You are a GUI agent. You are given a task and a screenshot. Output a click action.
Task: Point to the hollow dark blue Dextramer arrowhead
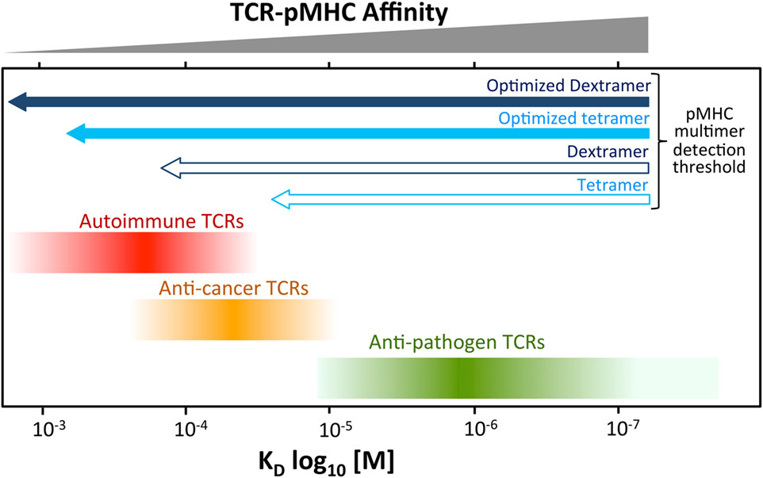click(x=170, y=167)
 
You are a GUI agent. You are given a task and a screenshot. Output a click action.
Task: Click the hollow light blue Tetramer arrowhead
click(x=281, y=200)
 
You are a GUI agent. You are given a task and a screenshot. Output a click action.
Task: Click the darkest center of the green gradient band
click(x=458, y=378)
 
